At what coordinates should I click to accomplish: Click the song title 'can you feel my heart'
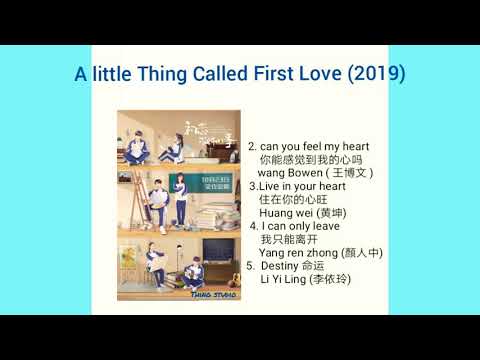pyautogui.click(x=314, y=146)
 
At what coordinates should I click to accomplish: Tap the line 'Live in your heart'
pyautogui.click(x=302, y=186)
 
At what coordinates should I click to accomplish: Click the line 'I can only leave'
pyautogui.click(x=301, y=226)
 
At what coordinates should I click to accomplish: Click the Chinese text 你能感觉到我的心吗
pyautogui.click(x=310, y=160)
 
